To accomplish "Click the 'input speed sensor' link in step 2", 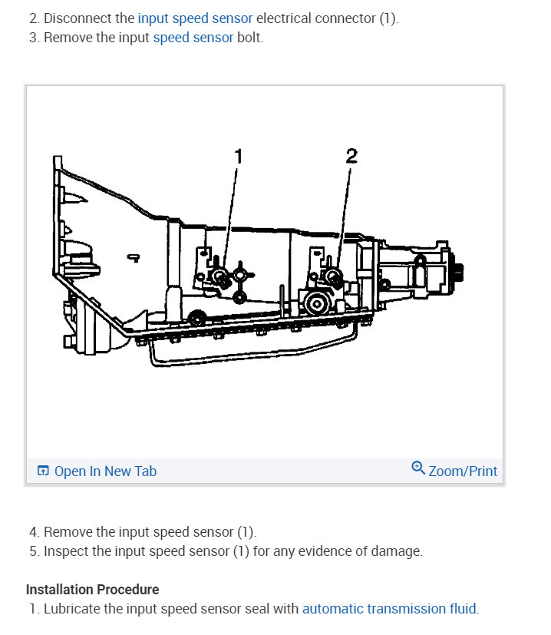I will tap(195, 18).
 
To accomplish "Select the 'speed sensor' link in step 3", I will tap(193, 38).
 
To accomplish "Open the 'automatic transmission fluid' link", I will tap(389, 609).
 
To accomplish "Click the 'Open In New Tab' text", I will tap(105, 471).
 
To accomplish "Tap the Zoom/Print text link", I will tap(463, 471).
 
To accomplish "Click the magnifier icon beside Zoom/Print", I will tap(418, 468).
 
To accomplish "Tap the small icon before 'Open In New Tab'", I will tap(43, 471).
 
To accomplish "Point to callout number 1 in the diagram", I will tap(238, 157).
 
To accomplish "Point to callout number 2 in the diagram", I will tap(351, 156).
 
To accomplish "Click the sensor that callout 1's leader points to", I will tap(220, 277).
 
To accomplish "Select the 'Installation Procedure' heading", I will tap(92, 589).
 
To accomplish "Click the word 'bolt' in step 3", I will tap(250, 38).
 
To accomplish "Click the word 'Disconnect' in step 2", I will tap(77, 18).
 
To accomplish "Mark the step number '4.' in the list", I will tap(35, 531).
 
